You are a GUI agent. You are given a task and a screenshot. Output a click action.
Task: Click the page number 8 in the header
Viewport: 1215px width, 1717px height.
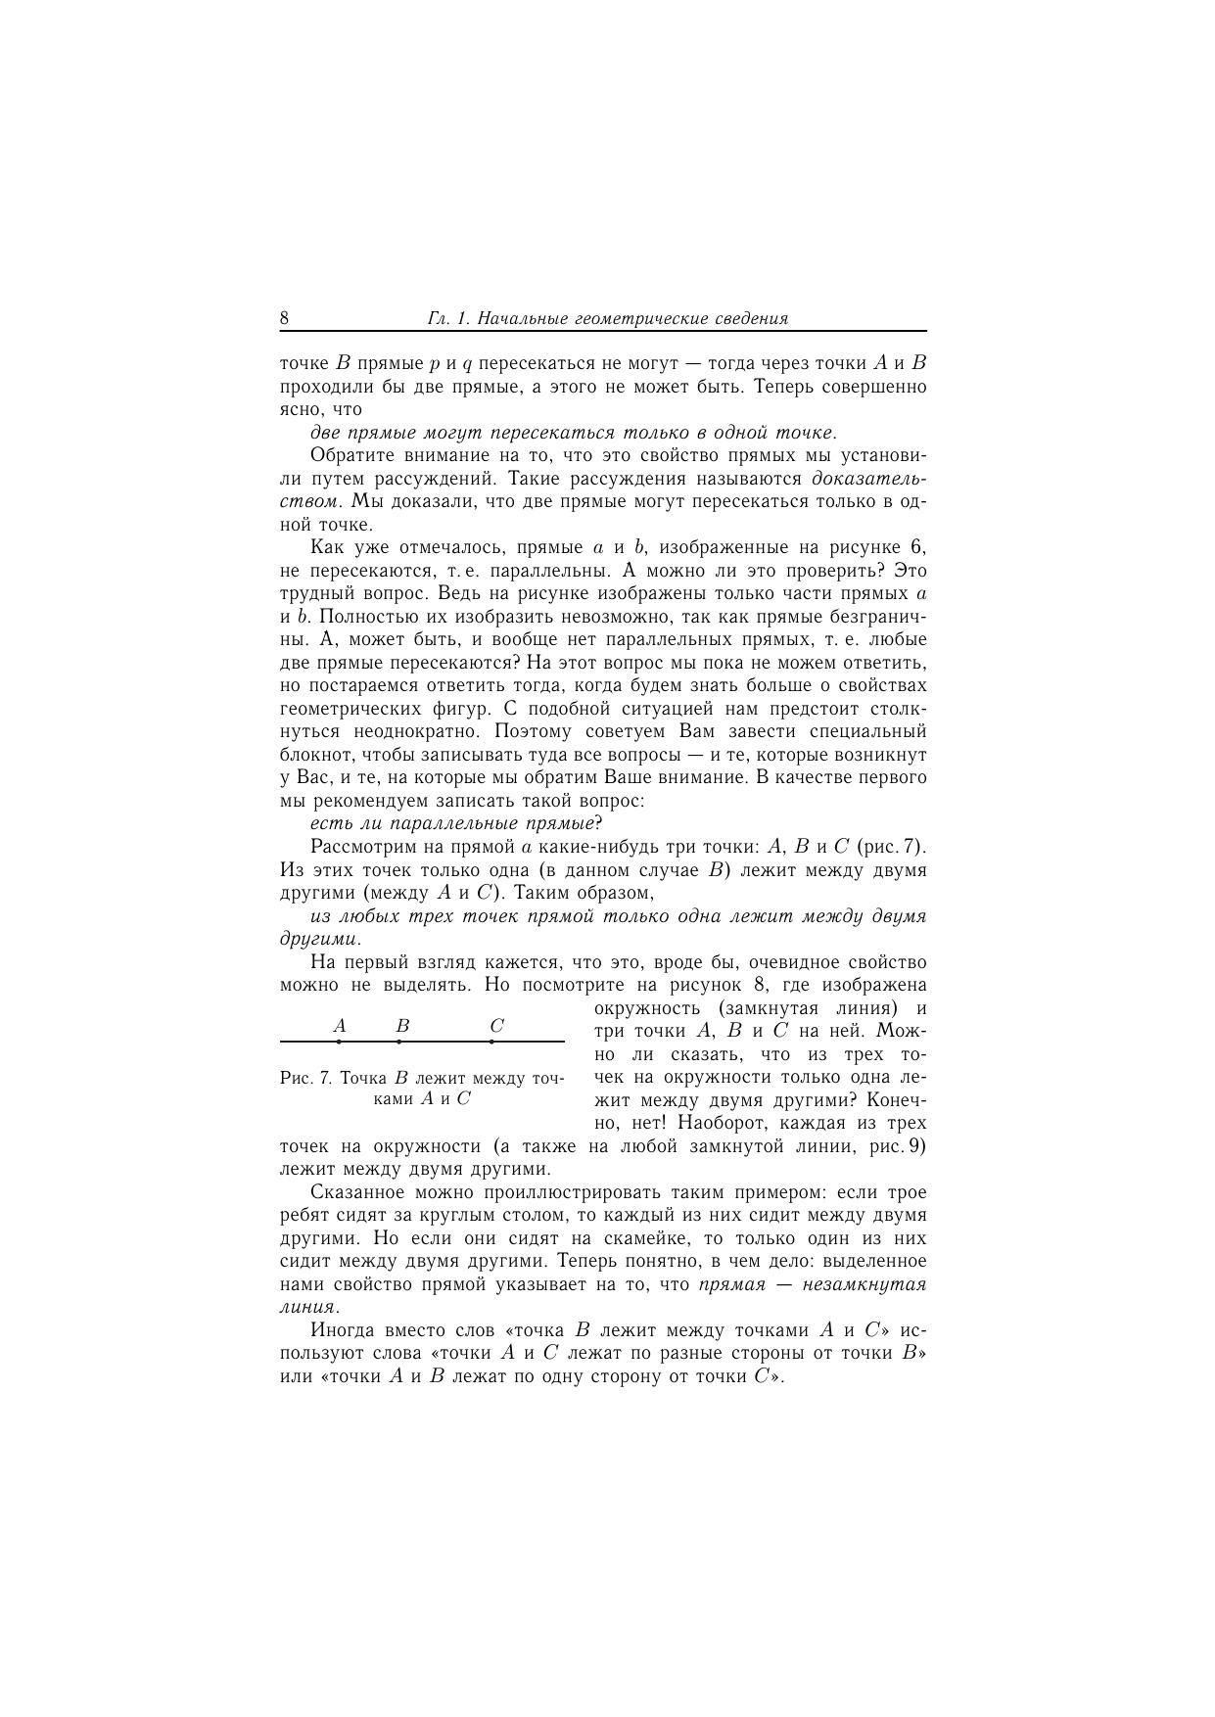click(x=284, y=318)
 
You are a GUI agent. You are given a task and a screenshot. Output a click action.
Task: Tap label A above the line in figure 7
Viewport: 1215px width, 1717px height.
click(x=340, y=1026)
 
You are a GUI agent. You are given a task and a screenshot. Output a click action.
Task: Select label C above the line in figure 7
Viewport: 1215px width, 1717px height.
click(x=496, y=1026)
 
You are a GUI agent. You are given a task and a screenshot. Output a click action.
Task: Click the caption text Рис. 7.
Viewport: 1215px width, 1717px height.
click(x=306, y=1078)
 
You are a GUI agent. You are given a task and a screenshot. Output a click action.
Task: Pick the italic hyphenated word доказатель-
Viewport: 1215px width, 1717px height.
click(x=869, y=479)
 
